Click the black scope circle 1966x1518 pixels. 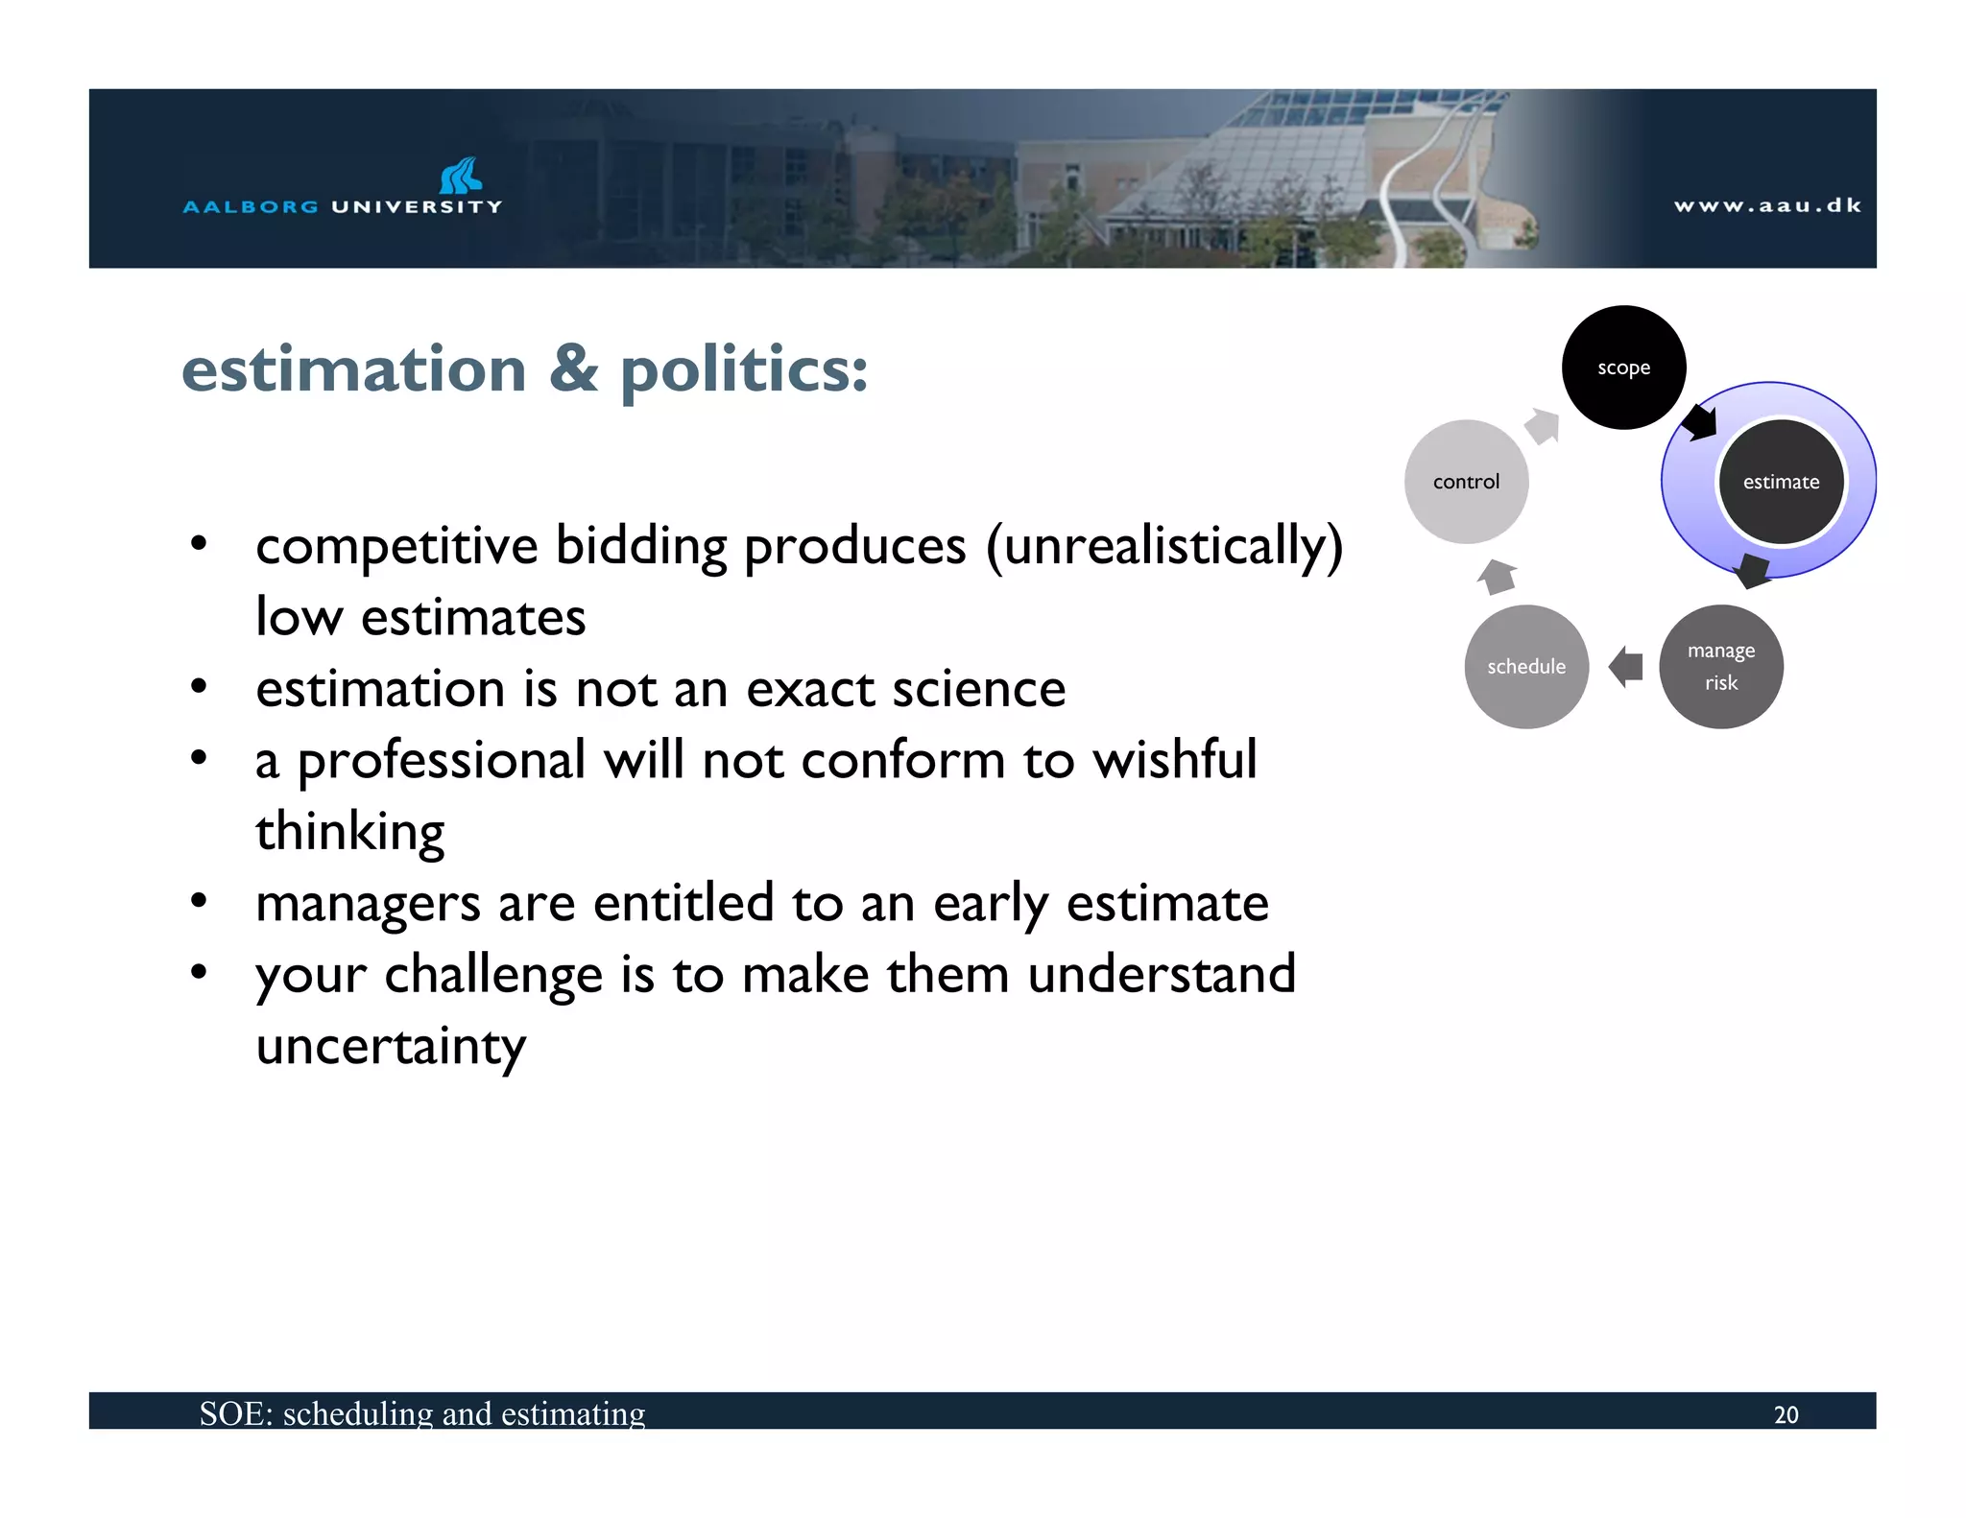pyautogui.click(x=1623, y=368)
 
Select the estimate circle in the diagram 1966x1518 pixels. pyautogui.click(x=1781, y=482)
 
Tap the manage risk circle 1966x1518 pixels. pyautogui.click(x=1720, y=667)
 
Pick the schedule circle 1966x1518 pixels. pyautogui.click(x=1526, y=667)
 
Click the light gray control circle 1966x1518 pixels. pyautogui.click(x=1466, y=482)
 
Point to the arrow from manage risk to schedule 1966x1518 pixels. pyautogui.click(x=1626, y=666)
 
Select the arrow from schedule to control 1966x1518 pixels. pyautogui.click(x=1498, y=577)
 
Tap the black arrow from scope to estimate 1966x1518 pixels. pyautogui.click(x=1700, y=421)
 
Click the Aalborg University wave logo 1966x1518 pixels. pyautogui.click(x=461, y=176)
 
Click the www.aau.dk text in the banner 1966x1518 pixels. pyautogui.click(x=1767, y=205)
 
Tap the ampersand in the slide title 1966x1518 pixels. pyautogui.click(x=574, y=369)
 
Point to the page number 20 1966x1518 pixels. pyautogui.click(x=1786, y=1414)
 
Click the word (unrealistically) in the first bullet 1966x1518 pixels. pyautogui.click(x=1164, y=547)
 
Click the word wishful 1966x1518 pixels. pyautogui.click(x=1175, y=760)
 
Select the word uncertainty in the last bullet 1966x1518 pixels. pyautogui.click(x=391, y=1046)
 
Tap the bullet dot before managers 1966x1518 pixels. pyautogui.click(x=199, y=901)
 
